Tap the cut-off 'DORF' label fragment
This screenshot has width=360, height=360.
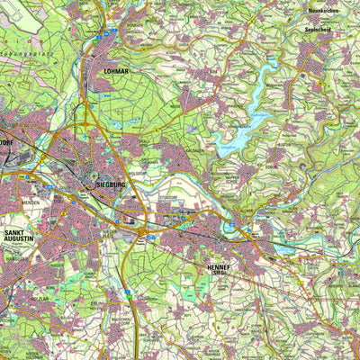pos(8,142)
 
